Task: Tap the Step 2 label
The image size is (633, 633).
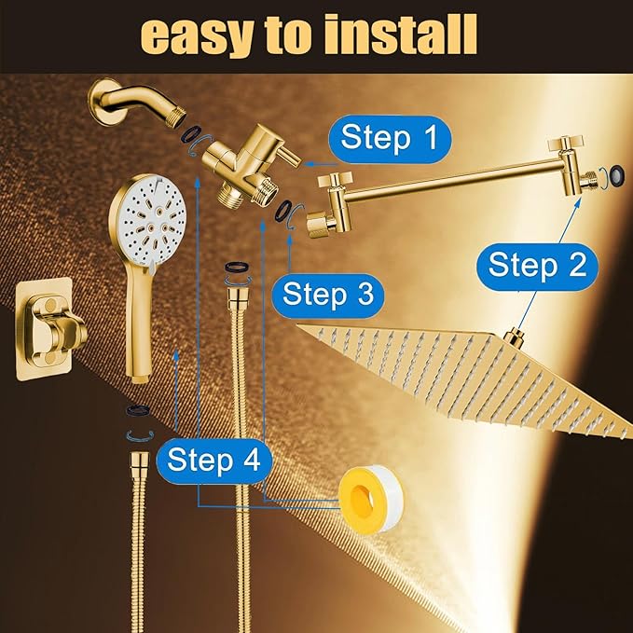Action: coord(537,265)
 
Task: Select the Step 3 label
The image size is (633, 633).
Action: coord(328,295)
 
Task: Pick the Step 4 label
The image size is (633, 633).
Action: coord(213,461)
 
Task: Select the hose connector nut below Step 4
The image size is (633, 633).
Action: coord(137,461)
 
